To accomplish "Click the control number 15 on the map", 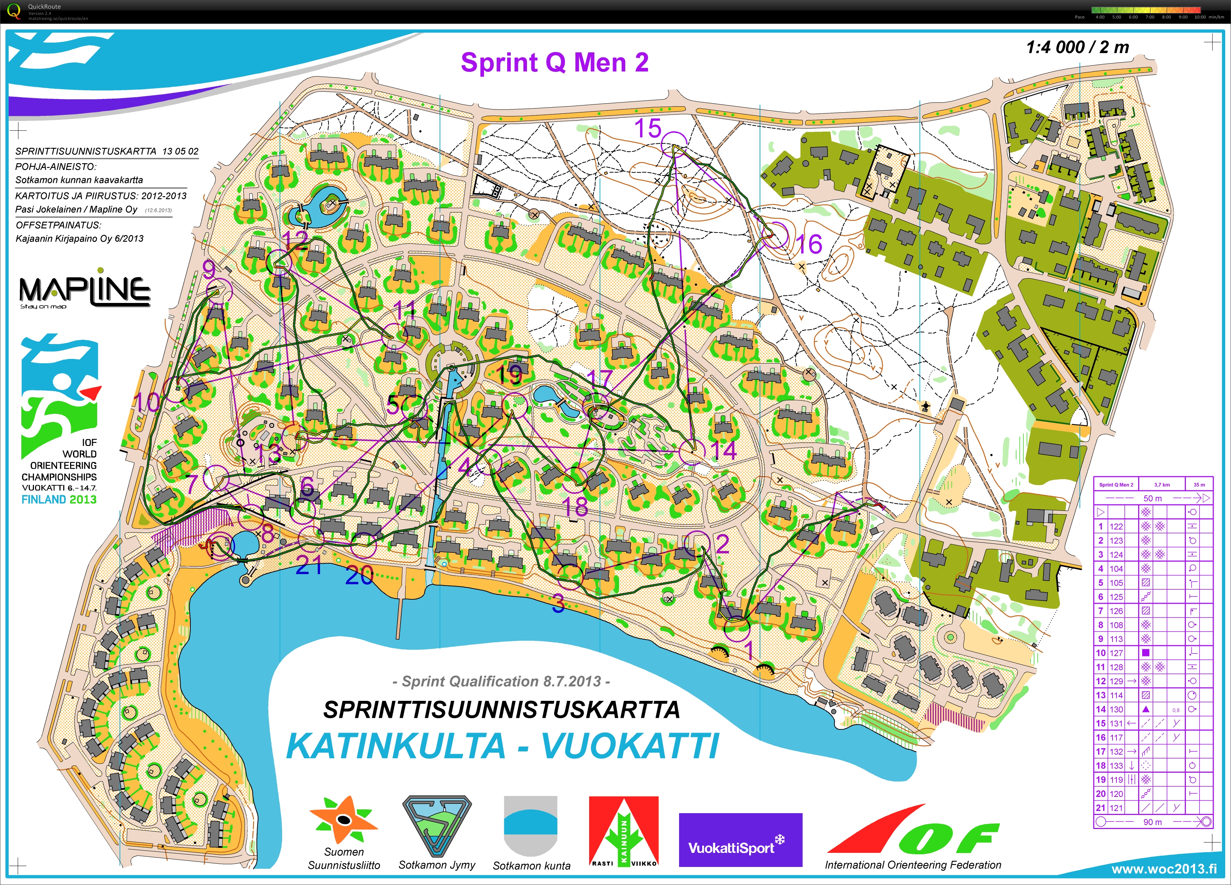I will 648,129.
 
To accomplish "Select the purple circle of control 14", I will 692,451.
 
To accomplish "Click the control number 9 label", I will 209,269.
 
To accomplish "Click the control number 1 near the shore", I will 748,650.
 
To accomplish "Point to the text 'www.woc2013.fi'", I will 1164,869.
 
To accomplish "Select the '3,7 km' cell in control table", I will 1162,485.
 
